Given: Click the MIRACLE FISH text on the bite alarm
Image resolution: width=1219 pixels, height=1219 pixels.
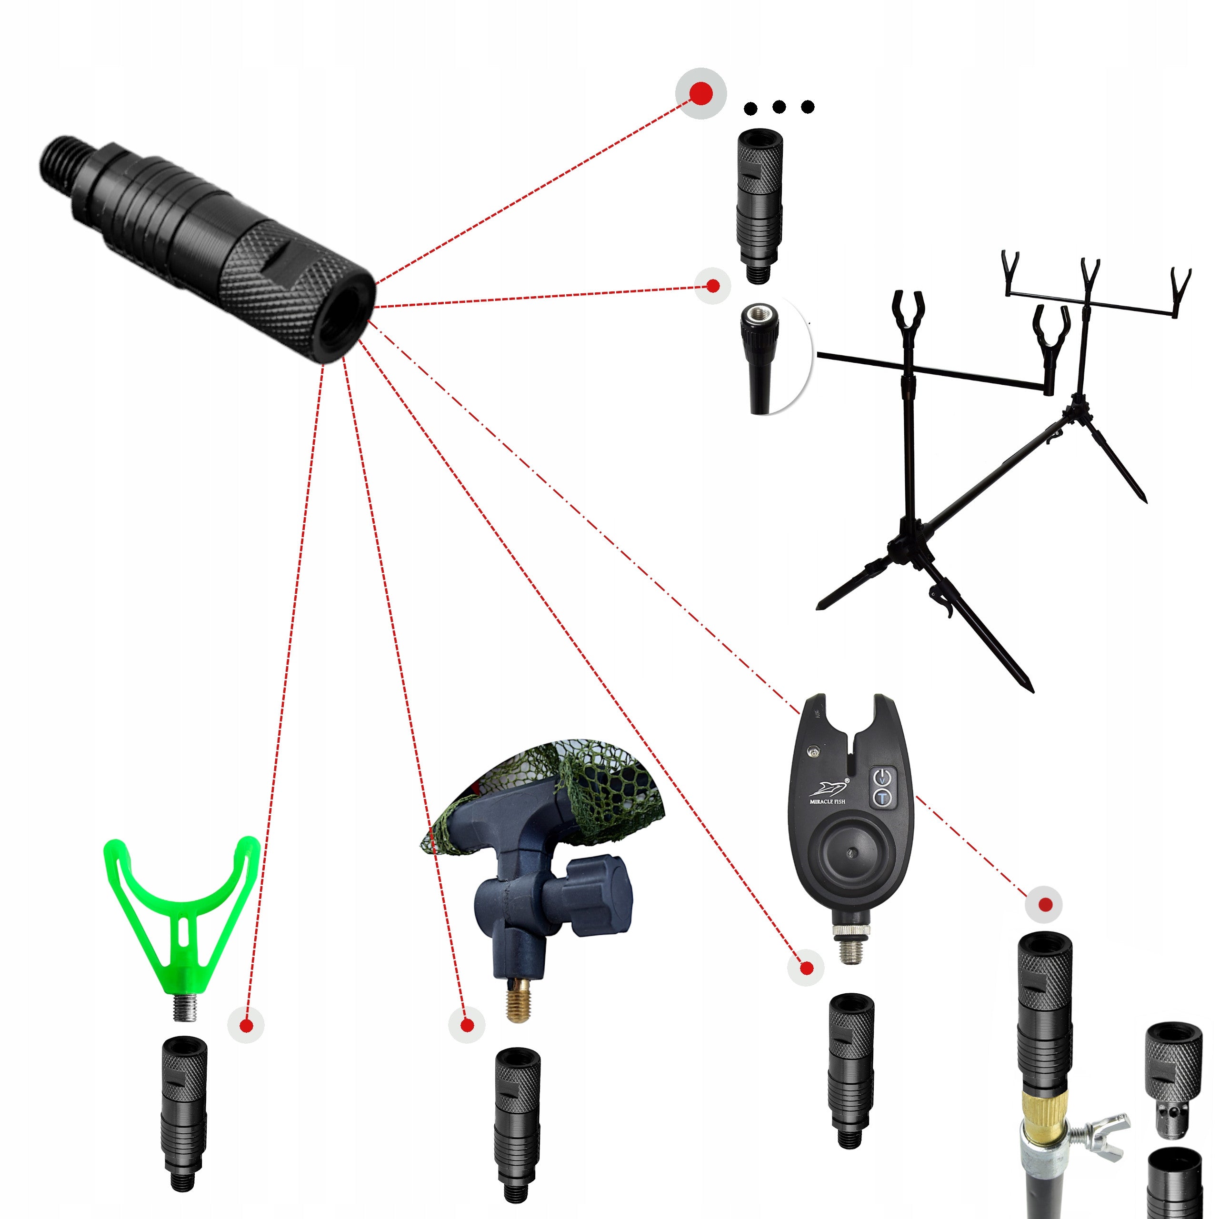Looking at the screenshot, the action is point(827,802).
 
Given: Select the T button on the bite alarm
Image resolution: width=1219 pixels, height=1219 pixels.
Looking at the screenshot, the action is point(882,798).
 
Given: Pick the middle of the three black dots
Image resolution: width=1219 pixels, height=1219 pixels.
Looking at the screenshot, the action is point(779,107).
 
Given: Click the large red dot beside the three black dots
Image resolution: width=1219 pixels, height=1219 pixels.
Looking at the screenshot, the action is point(701,93).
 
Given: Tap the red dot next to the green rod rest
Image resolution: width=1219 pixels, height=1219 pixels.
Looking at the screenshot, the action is point(247,1026).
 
